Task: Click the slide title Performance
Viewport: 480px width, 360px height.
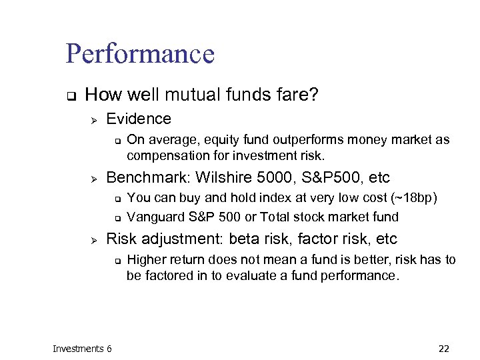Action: tap(140, 54)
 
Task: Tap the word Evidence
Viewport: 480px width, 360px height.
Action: tap(139, 119)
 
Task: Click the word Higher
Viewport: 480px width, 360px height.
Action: tap(145, 259)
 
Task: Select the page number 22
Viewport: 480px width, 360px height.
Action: tap(444, 348)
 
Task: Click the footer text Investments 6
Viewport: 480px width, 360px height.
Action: tap(82, 348)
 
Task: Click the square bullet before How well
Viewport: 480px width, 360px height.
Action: tap(69, 95)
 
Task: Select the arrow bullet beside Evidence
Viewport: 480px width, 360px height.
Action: tap(94, 119)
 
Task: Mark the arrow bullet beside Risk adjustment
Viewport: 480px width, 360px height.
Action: tap(94, 239)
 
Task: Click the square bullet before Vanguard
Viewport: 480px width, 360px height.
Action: tap(117, 217)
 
